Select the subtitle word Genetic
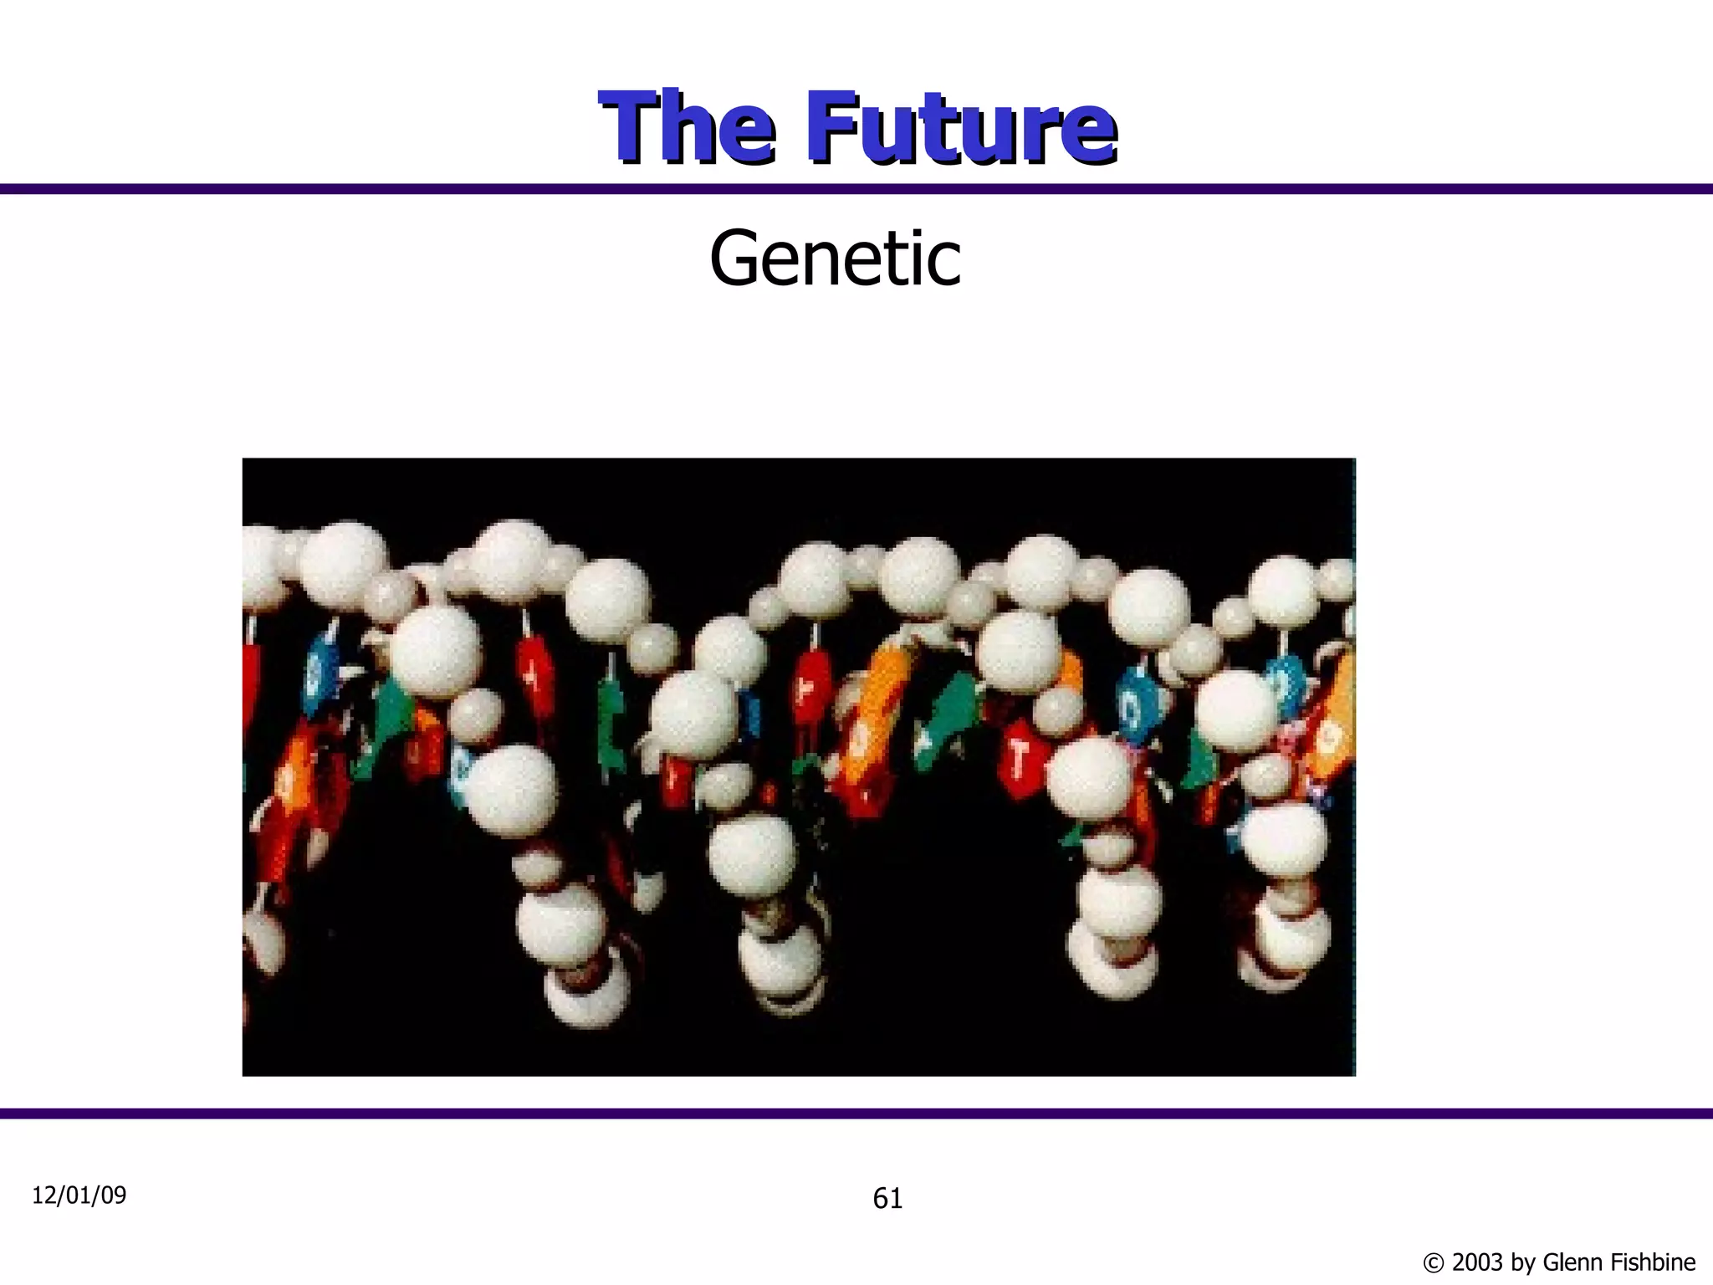pyautogui.click(x=835, y=259)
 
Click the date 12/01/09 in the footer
pyautogui.click(x=79, y=1195)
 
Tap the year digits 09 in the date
pyautogui.click(x=114, y=1195)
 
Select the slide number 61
pyautogui.click(x=887, y=1199)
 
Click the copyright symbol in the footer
pyautogui.click(x=1434, y=1262)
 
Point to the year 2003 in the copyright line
pyautogui.click(x=1477, y=1262)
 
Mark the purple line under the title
pyautogui.click(x=856, y=189)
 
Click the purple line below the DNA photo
pyautogui.click(x=856, y=1113)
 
